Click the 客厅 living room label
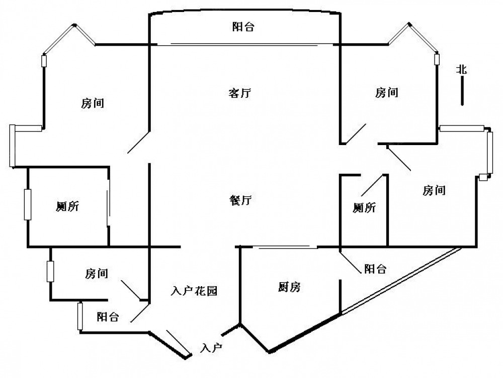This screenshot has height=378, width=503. (x=240, y=93)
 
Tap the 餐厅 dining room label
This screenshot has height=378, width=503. (x=240, y=200)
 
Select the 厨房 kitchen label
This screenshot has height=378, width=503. (x=289, y=287)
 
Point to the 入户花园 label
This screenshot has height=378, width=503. (x=194, y=291)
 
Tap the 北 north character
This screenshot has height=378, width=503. (x=461, y=70)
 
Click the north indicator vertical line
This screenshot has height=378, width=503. (x=462, y=92)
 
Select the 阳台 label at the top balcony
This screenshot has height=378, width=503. (x=243, y=27)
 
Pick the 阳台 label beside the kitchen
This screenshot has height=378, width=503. (x=375, y=269)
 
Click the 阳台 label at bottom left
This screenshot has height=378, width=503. (x=108, y=317)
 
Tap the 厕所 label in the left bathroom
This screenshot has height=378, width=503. (x=67, y=206)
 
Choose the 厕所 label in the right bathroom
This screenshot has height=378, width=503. (x=365, y=208)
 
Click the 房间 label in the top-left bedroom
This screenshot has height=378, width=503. (x=93, y=104)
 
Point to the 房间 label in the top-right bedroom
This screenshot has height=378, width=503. (x=387, y=92)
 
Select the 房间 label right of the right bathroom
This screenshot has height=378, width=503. (x=434, y=190)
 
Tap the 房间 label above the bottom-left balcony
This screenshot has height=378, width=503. (x=97, y=274)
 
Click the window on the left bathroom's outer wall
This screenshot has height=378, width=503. (x=27, y=204)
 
